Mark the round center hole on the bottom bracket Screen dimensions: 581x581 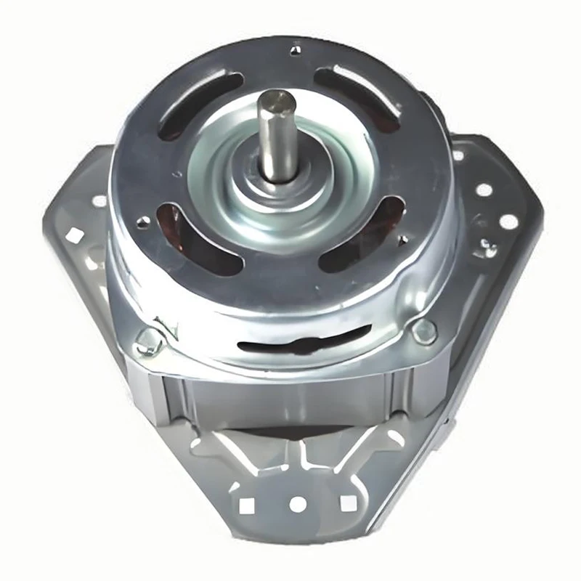(296, 502)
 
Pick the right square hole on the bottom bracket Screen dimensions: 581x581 (345, 501)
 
